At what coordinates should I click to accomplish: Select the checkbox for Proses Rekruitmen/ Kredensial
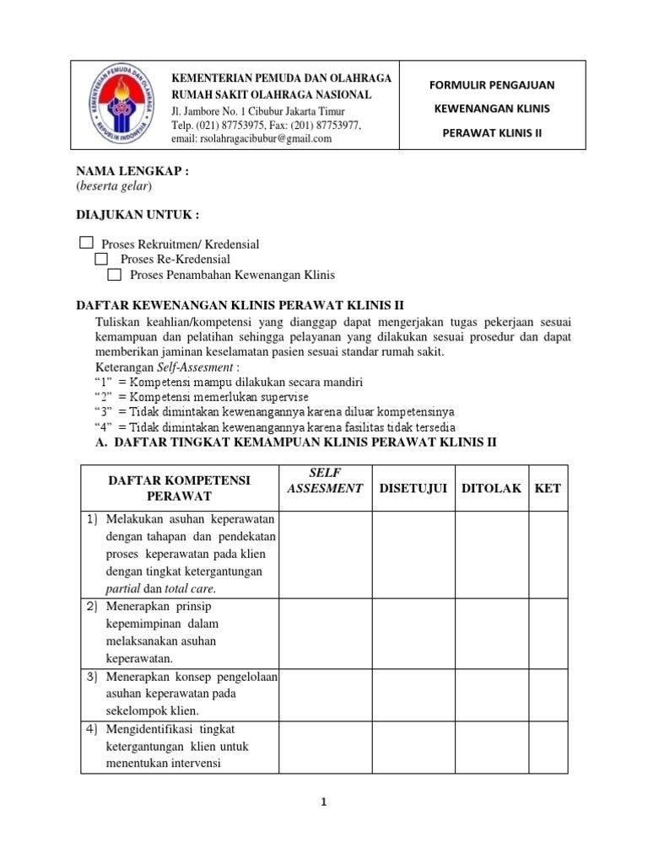[86, 243]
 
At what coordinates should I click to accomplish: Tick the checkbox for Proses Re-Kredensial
[101, 259]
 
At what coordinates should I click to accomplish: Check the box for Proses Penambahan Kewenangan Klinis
[116, 275]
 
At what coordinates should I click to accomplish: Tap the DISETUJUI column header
[413, 488]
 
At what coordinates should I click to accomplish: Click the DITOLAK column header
[491, 488]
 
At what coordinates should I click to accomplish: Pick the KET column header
[548, 488]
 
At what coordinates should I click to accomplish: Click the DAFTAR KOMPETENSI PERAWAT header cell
[179, 488]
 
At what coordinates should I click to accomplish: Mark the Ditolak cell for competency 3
[491, 694]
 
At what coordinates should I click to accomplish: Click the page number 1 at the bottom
[323, 803]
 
